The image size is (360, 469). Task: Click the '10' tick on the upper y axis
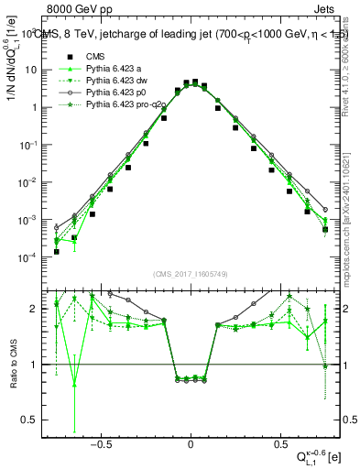[35, 70]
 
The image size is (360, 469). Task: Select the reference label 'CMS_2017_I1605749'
[191, 274]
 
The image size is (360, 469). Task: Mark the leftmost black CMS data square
[57, 252]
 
